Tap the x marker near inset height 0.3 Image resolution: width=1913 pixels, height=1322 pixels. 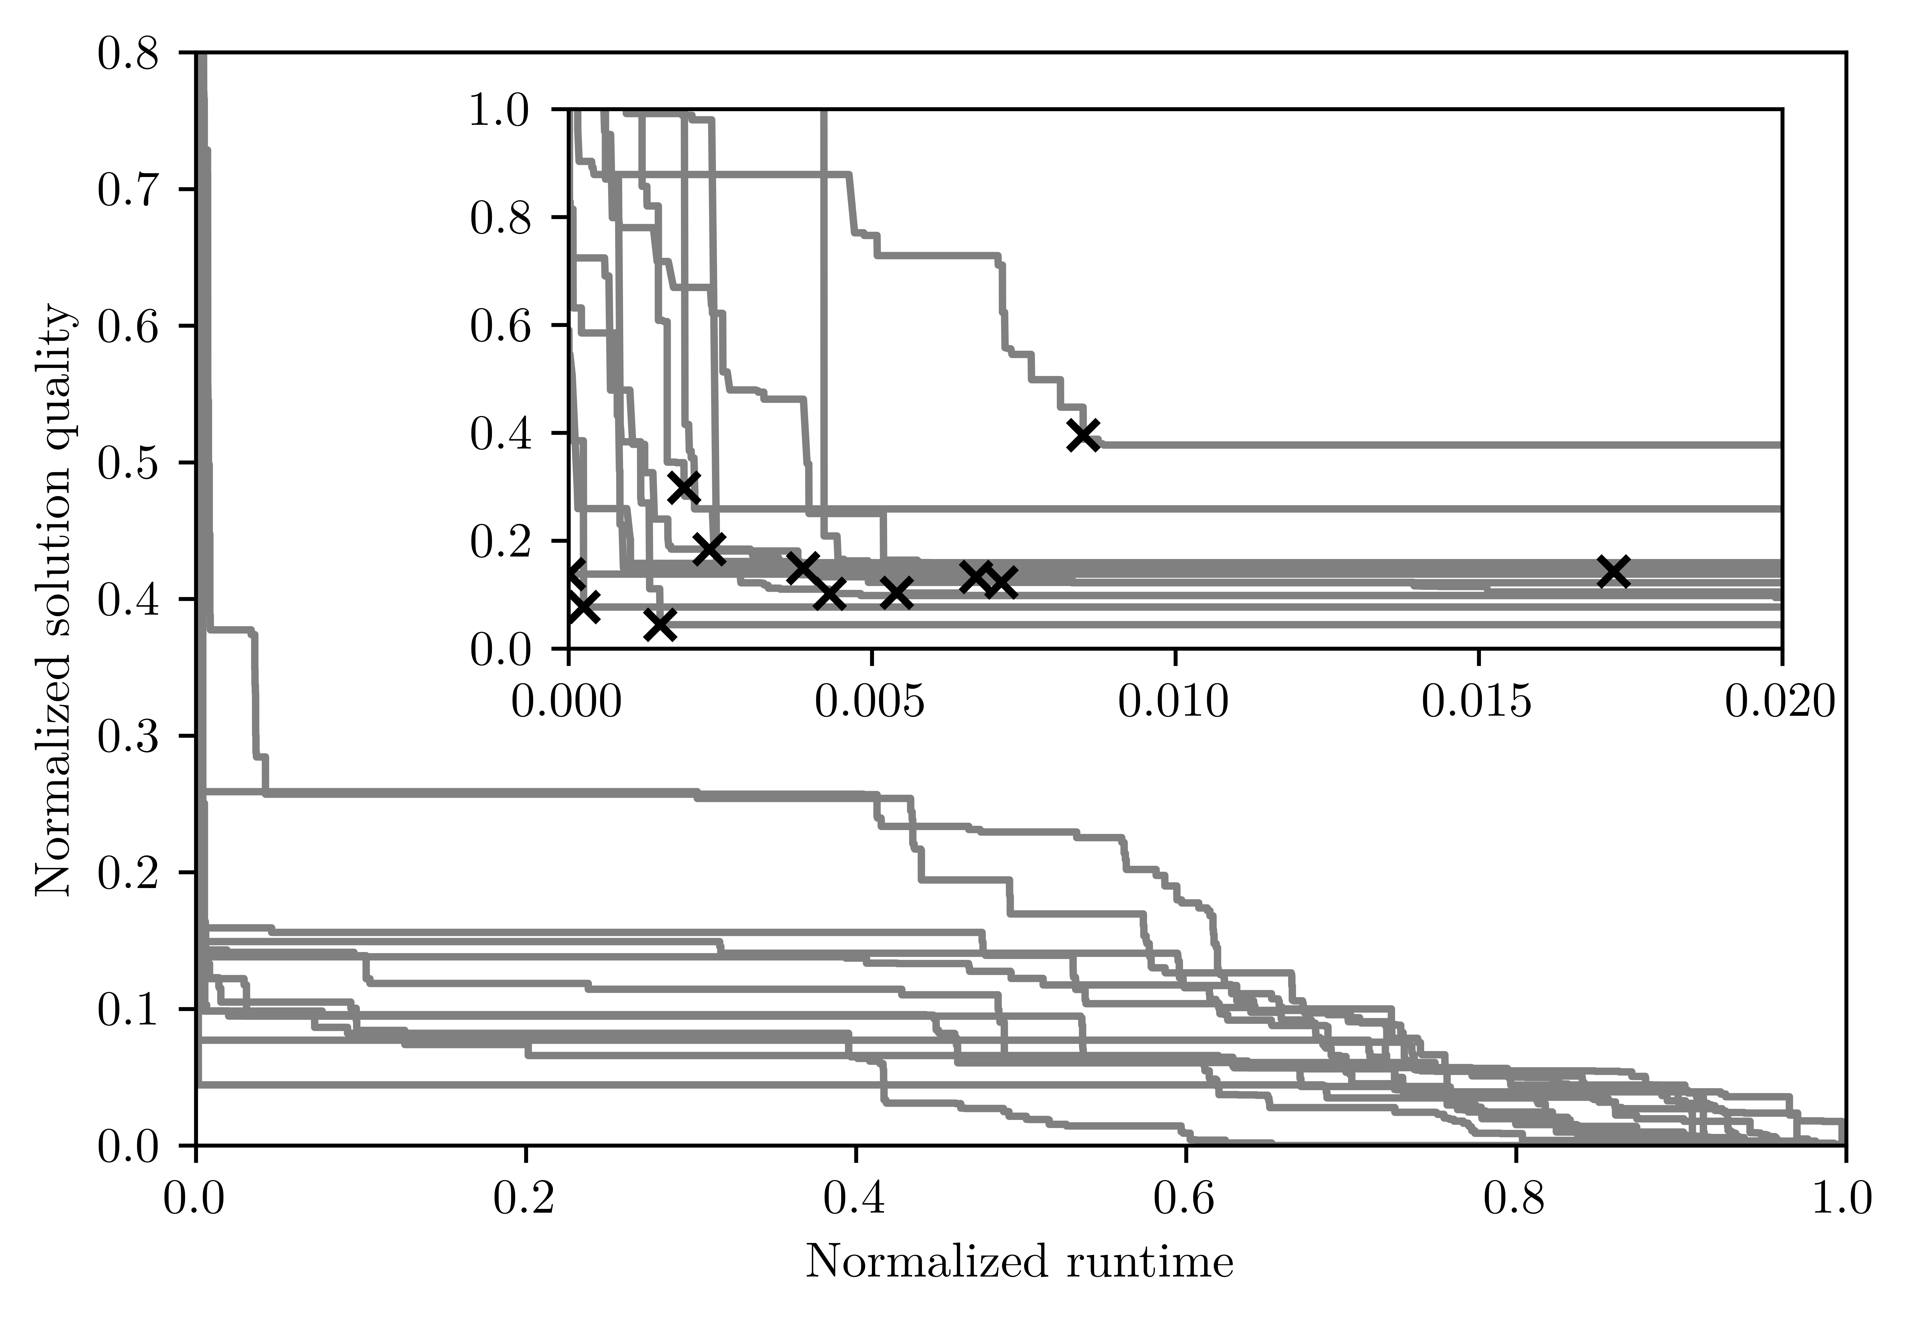pyautogui.click(x=684, y=487)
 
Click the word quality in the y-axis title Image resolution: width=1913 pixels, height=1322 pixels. pyautogui.click(x=55, y=364)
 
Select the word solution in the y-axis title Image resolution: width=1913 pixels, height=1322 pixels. pyautogui.click(x=55, y=530)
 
